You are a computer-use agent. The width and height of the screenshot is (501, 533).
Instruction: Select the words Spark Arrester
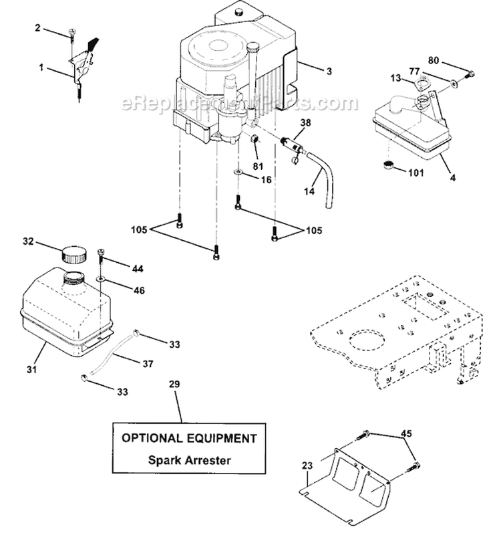184,460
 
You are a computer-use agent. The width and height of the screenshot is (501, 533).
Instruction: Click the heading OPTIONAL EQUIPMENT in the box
189,439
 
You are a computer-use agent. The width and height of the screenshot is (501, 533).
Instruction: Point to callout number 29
175,386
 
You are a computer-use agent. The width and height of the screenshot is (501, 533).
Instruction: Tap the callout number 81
258,166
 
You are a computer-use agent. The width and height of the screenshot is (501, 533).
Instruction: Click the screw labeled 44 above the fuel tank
102,253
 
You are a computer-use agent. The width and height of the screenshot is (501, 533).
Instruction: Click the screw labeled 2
71,33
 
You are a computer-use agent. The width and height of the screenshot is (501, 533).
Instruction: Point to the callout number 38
305,123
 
